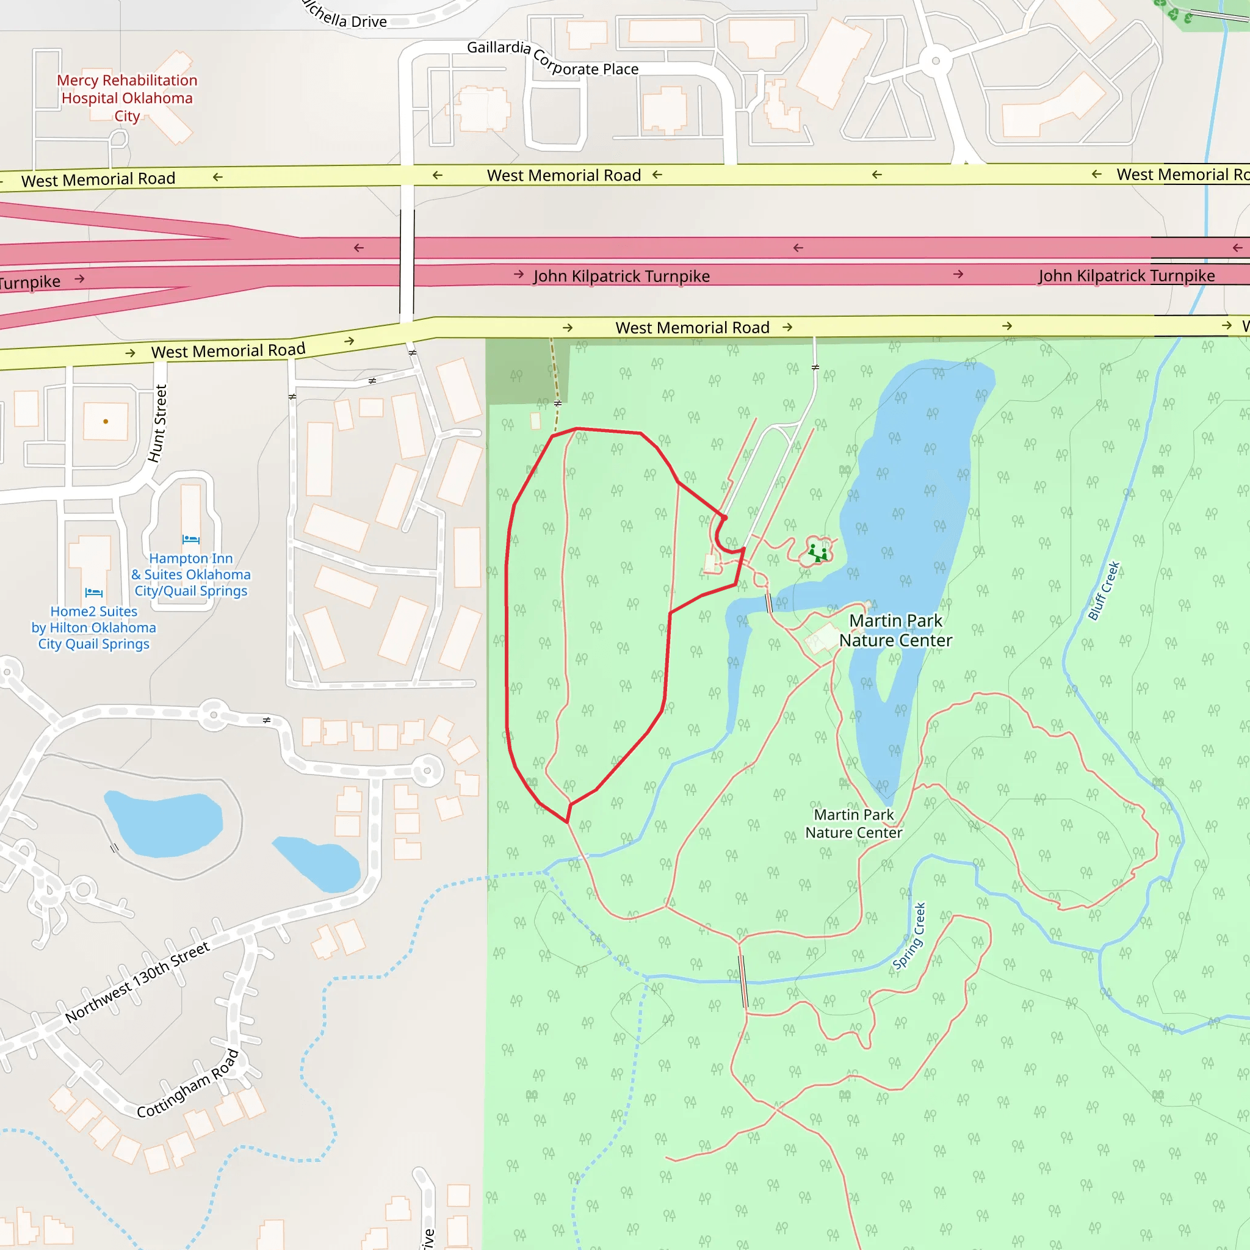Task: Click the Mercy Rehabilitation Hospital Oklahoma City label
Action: click(127, 98)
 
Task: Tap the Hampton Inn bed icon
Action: click(191, 539)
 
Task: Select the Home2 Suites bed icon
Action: click(94, 592)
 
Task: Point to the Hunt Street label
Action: click(158, 424)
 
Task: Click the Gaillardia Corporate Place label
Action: click(552, 58)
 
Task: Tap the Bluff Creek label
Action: click(1104, 591)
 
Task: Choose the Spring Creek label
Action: click(909, 936)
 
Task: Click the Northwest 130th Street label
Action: click(137, 982)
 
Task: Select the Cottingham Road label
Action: click(187, 1084)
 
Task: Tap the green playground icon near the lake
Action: click(818, 552)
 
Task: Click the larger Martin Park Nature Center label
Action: click(895, 630)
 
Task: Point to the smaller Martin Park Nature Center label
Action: click(853, 823)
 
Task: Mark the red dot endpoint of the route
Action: click(724, 518)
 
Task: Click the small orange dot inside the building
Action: click(106, 421)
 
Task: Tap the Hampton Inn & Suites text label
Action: click(191, 574)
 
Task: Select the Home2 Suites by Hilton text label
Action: click(94, 627)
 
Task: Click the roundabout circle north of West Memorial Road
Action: click(935, 62)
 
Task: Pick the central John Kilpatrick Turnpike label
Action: click(621, 276)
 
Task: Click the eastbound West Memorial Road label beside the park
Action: click(692, 327)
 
